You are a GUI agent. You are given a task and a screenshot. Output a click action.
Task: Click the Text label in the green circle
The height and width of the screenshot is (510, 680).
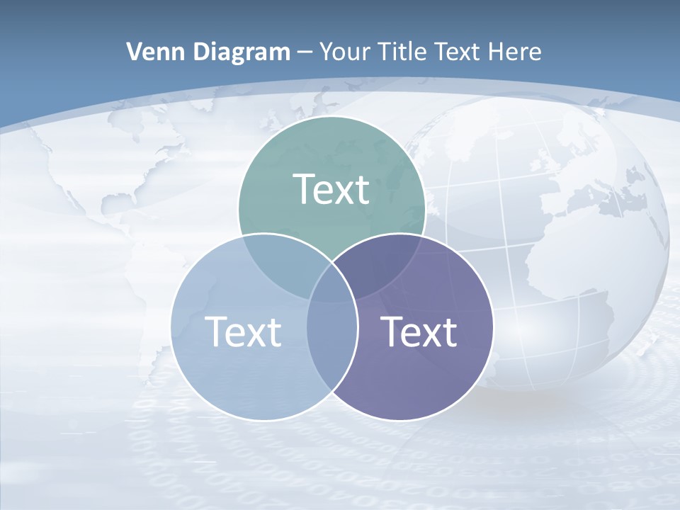click(331, 189)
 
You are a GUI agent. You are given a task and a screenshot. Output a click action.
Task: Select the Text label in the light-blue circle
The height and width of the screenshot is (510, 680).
click(243, 331)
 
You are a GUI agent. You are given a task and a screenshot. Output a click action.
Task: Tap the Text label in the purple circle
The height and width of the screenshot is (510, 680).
click(419, 331)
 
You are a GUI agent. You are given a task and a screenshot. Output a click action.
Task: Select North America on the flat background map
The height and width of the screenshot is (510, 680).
click(135, 170)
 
